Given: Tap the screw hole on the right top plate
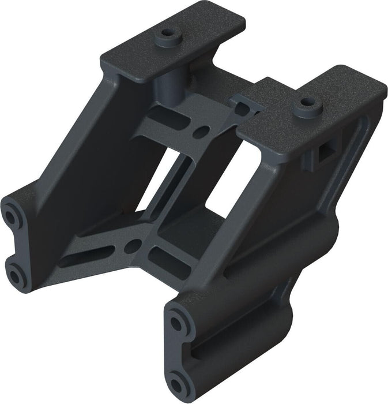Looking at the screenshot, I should [x=306, y=106].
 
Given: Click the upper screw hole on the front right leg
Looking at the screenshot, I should [x=178, y=321].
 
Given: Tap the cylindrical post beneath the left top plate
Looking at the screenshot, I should [x=167, y=83].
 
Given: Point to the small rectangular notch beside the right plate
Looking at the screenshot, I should [x=242, y=104].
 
